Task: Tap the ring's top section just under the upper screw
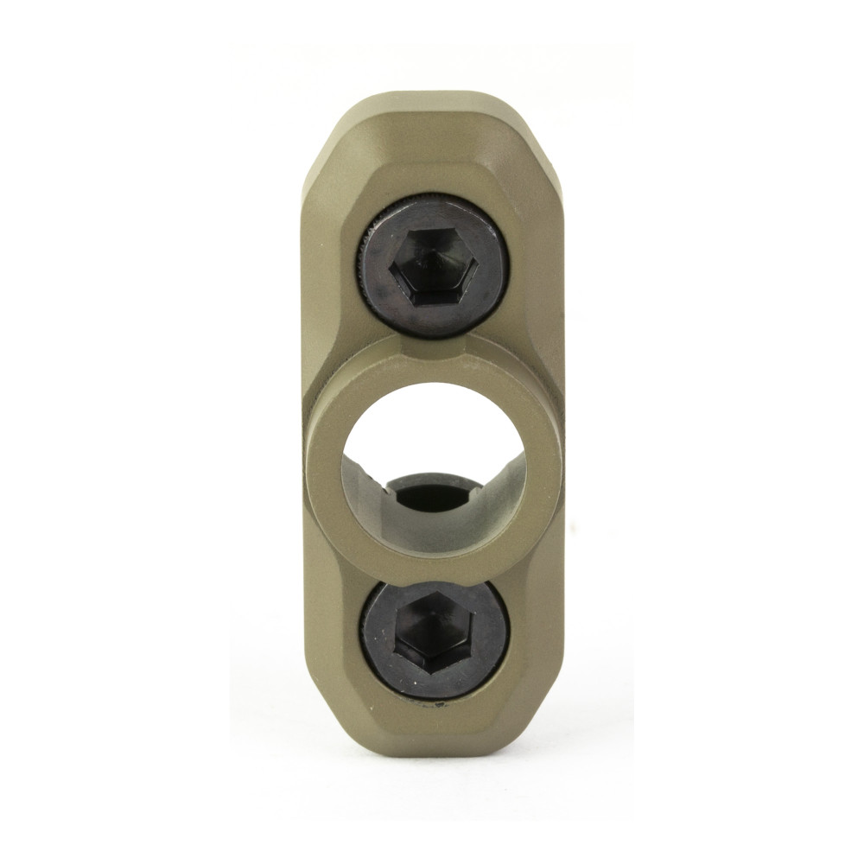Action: [x=432, y=363]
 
